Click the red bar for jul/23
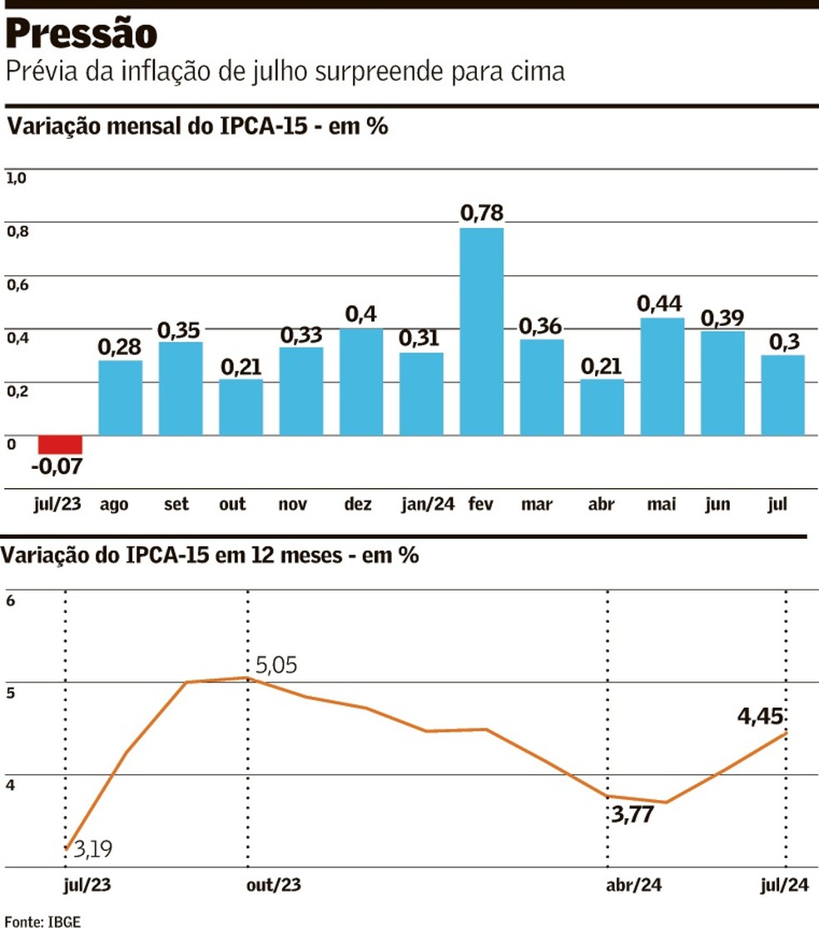pos(60,444)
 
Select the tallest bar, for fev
pos(482,331)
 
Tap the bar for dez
pos(361,382)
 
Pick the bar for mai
pos(663,376)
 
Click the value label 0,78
pos(482,212)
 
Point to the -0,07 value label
pos(57,466)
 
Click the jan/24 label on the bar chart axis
pos(427,504)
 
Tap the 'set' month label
pos(176,504)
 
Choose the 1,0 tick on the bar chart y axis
pos(17,177)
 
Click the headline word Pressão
pos(82,34)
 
